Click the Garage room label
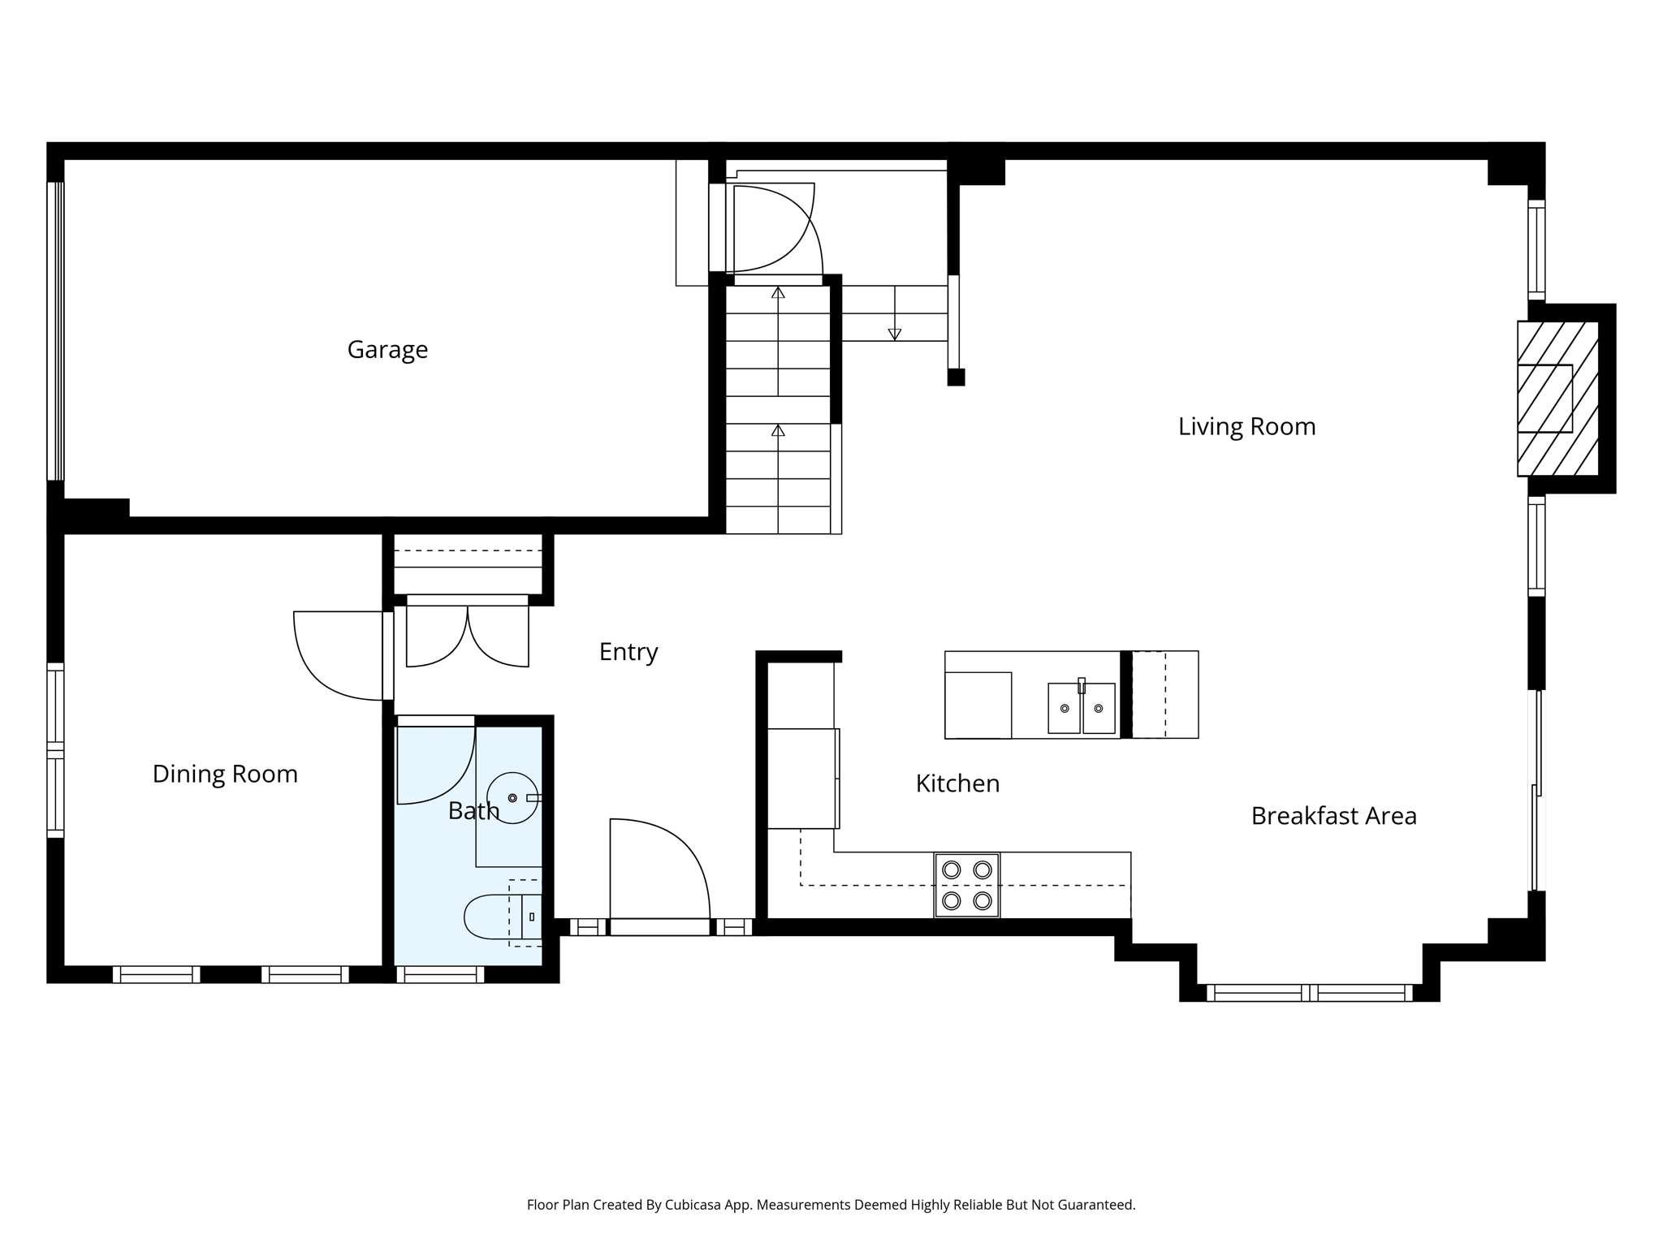pos(387,349)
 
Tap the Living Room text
pos(1246,426)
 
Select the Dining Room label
pos(225,774)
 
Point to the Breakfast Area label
pos(1333,816)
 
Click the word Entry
pos(628,652)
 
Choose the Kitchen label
pos(957,783)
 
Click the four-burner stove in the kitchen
pos(966,885)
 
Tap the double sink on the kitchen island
pos(1081,708)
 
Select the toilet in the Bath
pos(499,917)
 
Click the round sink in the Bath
pos(512,798)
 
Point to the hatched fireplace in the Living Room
pos(1557,398)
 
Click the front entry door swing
pos(658,869)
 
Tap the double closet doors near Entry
pos(467,637)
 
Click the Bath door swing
pos(434,763)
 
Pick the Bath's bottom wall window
pos(439,974)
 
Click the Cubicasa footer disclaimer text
pos(831,1205)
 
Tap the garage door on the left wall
pos(55,330)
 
